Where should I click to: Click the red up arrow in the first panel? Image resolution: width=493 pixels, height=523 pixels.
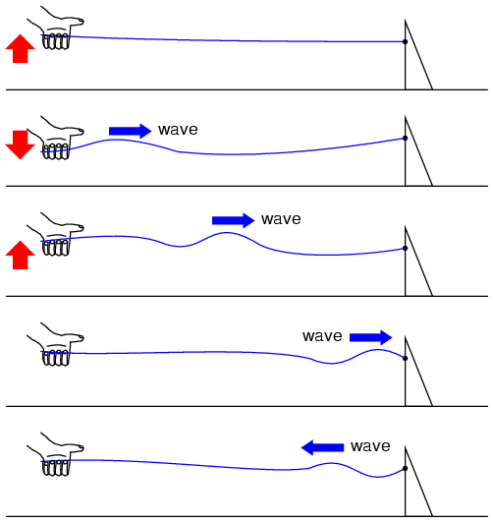point(20,48)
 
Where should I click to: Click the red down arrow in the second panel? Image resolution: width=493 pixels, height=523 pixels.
point(20,145)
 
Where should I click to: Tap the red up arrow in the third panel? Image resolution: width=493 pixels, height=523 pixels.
point(20,255)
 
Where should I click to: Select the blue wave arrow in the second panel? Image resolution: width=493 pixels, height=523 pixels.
point(131,131)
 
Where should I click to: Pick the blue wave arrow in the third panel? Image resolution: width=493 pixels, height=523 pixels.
point(233,220)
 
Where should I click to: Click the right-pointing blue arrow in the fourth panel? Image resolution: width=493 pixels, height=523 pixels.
point(371,337)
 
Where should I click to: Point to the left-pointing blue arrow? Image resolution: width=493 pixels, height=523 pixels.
point(322,447)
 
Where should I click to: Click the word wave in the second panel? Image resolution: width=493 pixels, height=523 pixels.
point(178,130)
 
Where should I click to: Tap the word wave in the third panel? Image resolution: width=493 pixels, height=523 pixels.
point(281,219)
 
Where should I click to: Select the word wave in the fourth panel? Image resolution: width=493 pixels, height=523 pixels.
point(322,336)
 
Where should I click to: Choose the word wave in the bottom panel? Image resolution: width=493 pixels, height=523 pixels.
point(370,446)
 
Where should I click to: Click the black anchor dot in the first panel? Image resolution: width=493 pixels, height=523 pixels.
point(405,41)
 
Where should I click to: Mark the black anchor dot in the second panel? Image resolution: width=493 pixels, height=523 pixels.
point(405,138)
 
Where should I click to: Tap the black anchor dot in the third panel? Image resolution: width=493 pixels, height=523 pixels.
point(405,248)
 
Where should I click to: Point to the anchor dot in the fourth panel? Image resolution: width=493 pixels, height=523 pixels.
point(405,358)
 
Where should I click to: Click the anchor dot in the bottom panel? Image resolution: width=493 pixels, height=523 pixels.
point(405,468)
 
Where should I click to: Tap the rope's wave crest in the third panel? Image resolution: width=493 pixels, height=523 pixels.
point(227,233)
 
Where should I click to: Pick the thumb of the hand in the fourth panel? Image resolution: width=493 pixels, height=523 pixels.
point(76,337)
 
